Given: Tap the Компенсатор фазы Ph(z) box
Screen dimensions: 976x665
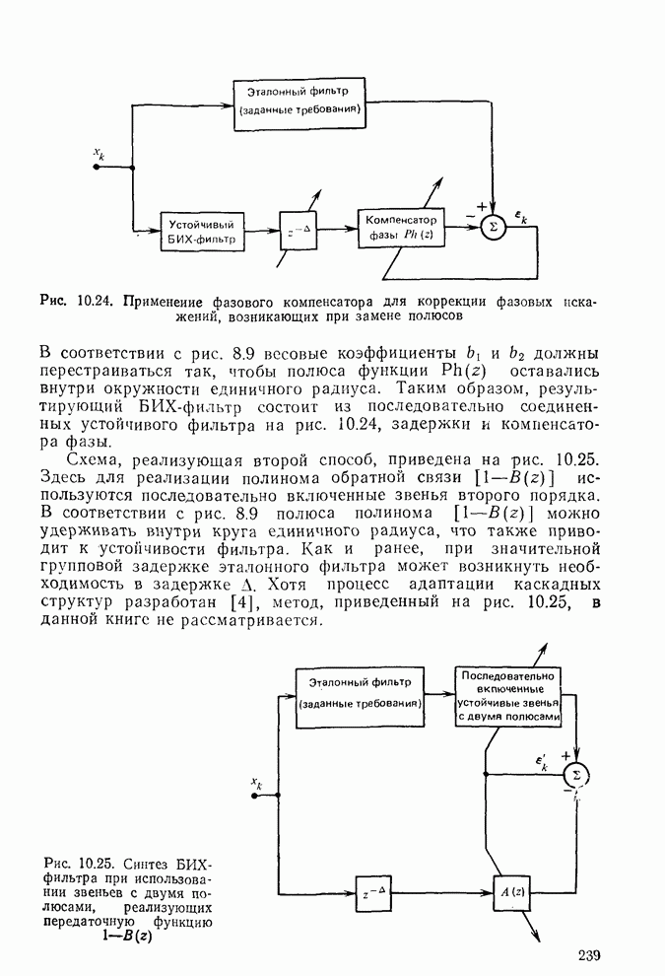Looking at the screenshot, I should pyautogui.click(x=400, y=227).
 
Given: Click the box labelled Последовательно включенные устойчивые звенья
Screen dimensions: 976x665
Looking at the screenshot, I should pyautogui.click(x=509, y=697).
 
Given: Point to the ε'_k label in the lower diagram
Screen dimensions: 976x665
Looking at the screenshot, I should pyautogui.click(x=543, y=762).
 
